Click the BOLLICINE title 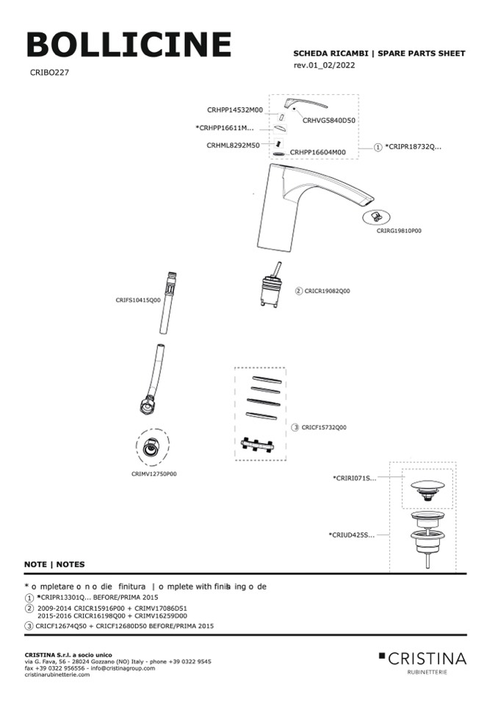pyautogui.click(x=129, y=46)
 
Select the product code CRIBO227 pyautogui.click(x=50, y=73)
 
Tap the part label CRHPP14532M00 pyautogui.click(x=234, y=110)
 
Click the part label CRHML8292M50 pyautogui.click(x=233, y=145)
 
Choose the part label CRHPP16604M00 pyautogui.click(x=317, y=152)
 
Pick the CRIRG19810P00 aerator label pyautogui.click(x=399, y=230)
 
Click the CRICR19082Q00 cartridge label pyautogui.click(x=327, y=291)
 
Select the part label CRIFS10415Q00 pyautogui.click(x=137, y=300)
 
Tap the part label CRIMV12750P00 pyautogui.click(x=154, y=474)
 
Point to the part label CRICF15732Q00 pyautogui.click(x=323, y=427)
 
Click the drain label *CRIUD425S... pyautogui.click(x=352, y=534)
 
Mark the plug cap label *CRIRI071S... pyautogui.click(x=354, y=478)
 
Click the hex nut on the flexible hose pyautogui.click(x=145, y=404)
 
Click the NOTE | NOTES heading pyautogui.click(x=54, y=565)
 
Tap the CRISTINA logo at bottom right pyautogui.click(x=422, y=658)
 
